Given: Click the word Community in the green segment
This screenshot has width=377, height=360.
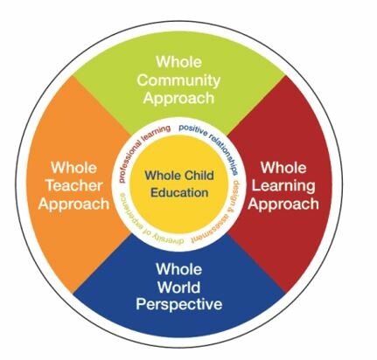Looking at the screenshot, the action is pos(178,80).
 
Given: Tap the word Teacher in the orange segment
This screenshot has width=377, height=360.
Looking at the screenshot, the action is pos(74,185).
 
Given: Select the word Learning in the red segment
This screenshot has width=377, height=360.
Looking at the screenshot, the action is pos(283,186).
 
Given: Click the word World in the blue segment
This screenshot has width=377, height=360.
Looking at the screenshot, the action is pos(178,287).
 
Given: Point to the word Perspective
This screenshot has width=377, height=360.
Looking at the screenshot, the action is pos(178,304).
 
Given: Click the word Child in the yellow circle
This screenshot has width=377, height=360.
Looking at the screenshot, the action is pos(199,176).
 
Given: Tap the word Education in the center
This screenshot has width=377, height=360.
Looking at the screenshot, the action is pos(179,192).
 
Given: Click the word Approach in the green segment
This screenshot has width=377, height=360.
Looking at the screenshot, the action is pos(178,99).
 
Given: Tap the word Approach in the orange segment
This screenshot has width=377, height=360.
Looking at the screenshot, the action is pos(73,204).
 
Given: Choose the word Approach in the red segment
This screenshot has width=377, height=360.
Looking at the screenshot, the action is pos(283,204).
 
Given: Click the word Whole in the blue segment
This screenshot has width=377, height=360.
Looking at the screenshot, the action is pos(178,268).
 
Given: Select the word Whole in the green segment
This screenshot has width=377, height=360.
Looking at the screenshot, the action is pos(178,62).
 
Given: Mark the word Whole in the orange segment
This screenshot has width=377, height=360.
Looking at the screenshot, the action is pos(74,168).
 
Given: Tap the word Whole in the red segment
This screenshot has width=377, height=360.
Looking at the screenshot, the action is pos(283,168).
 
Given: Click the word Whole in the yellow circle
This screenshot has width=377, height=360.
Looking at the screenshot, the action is pos(164,176).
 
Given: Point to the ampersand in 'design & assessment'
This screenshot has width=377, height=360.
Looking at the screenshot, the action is pos(234,208).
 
